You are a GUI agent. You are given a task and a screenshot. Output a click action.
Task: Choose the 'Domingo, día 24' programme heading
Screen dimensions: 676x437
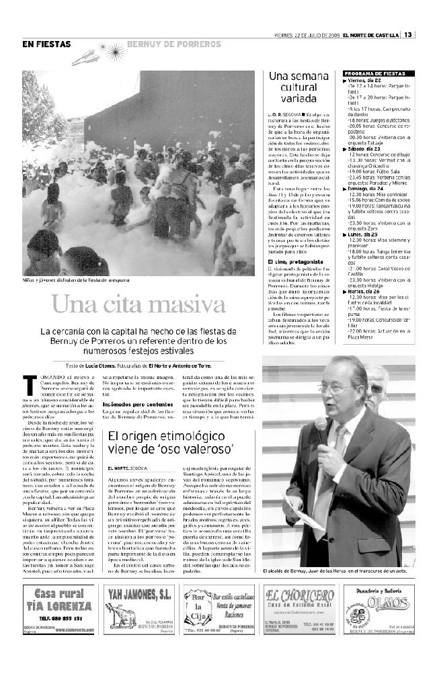[x=370, y=189]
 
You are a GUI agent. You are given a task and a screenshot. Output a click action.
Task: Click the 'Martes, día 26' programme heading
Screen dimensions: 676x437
[x=368, y=292]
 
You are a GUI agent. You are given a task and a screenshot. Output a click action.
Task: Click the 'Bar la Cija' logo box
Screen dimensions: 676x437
[x=196, y=614]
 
